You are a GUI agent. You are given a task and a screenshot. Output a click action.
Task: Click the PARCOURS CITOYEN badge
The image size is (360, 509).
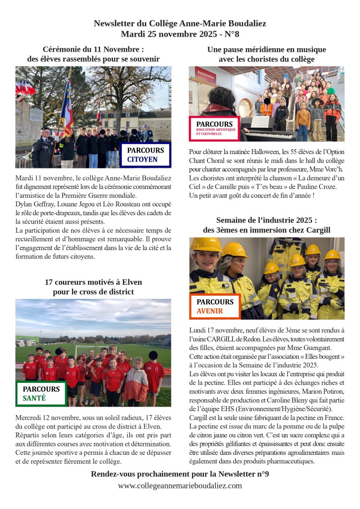click(x=145, y=155)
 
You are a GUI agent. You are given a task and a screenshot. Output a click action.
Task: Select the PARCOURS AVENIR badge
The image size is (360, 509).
click(x=215, y=306)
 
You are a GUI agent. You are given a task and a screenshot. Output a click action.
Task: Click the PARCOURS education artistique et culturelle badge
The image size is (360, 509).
click(x=214, y=128)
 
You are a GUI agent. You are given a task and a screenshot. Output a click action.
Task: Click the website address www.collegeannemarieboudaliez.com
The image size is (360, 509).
click(x=180, y=486)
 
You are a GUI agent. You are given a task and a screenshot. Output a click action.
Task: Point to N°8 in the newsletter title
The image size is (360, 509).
click(x=230, y=34)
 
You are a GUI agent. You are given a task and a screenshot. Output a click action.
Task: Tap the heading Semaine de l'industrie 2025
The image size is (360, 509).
click(x=267, y=225)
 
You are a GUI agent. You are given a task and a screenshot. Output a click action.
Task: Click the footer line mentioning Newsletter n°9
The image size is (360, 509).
click(x=180, y=474)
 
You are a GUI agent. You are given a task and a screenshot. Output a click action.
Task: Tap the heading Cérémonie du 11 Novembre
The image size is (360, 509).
click(x=93, y=50)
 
